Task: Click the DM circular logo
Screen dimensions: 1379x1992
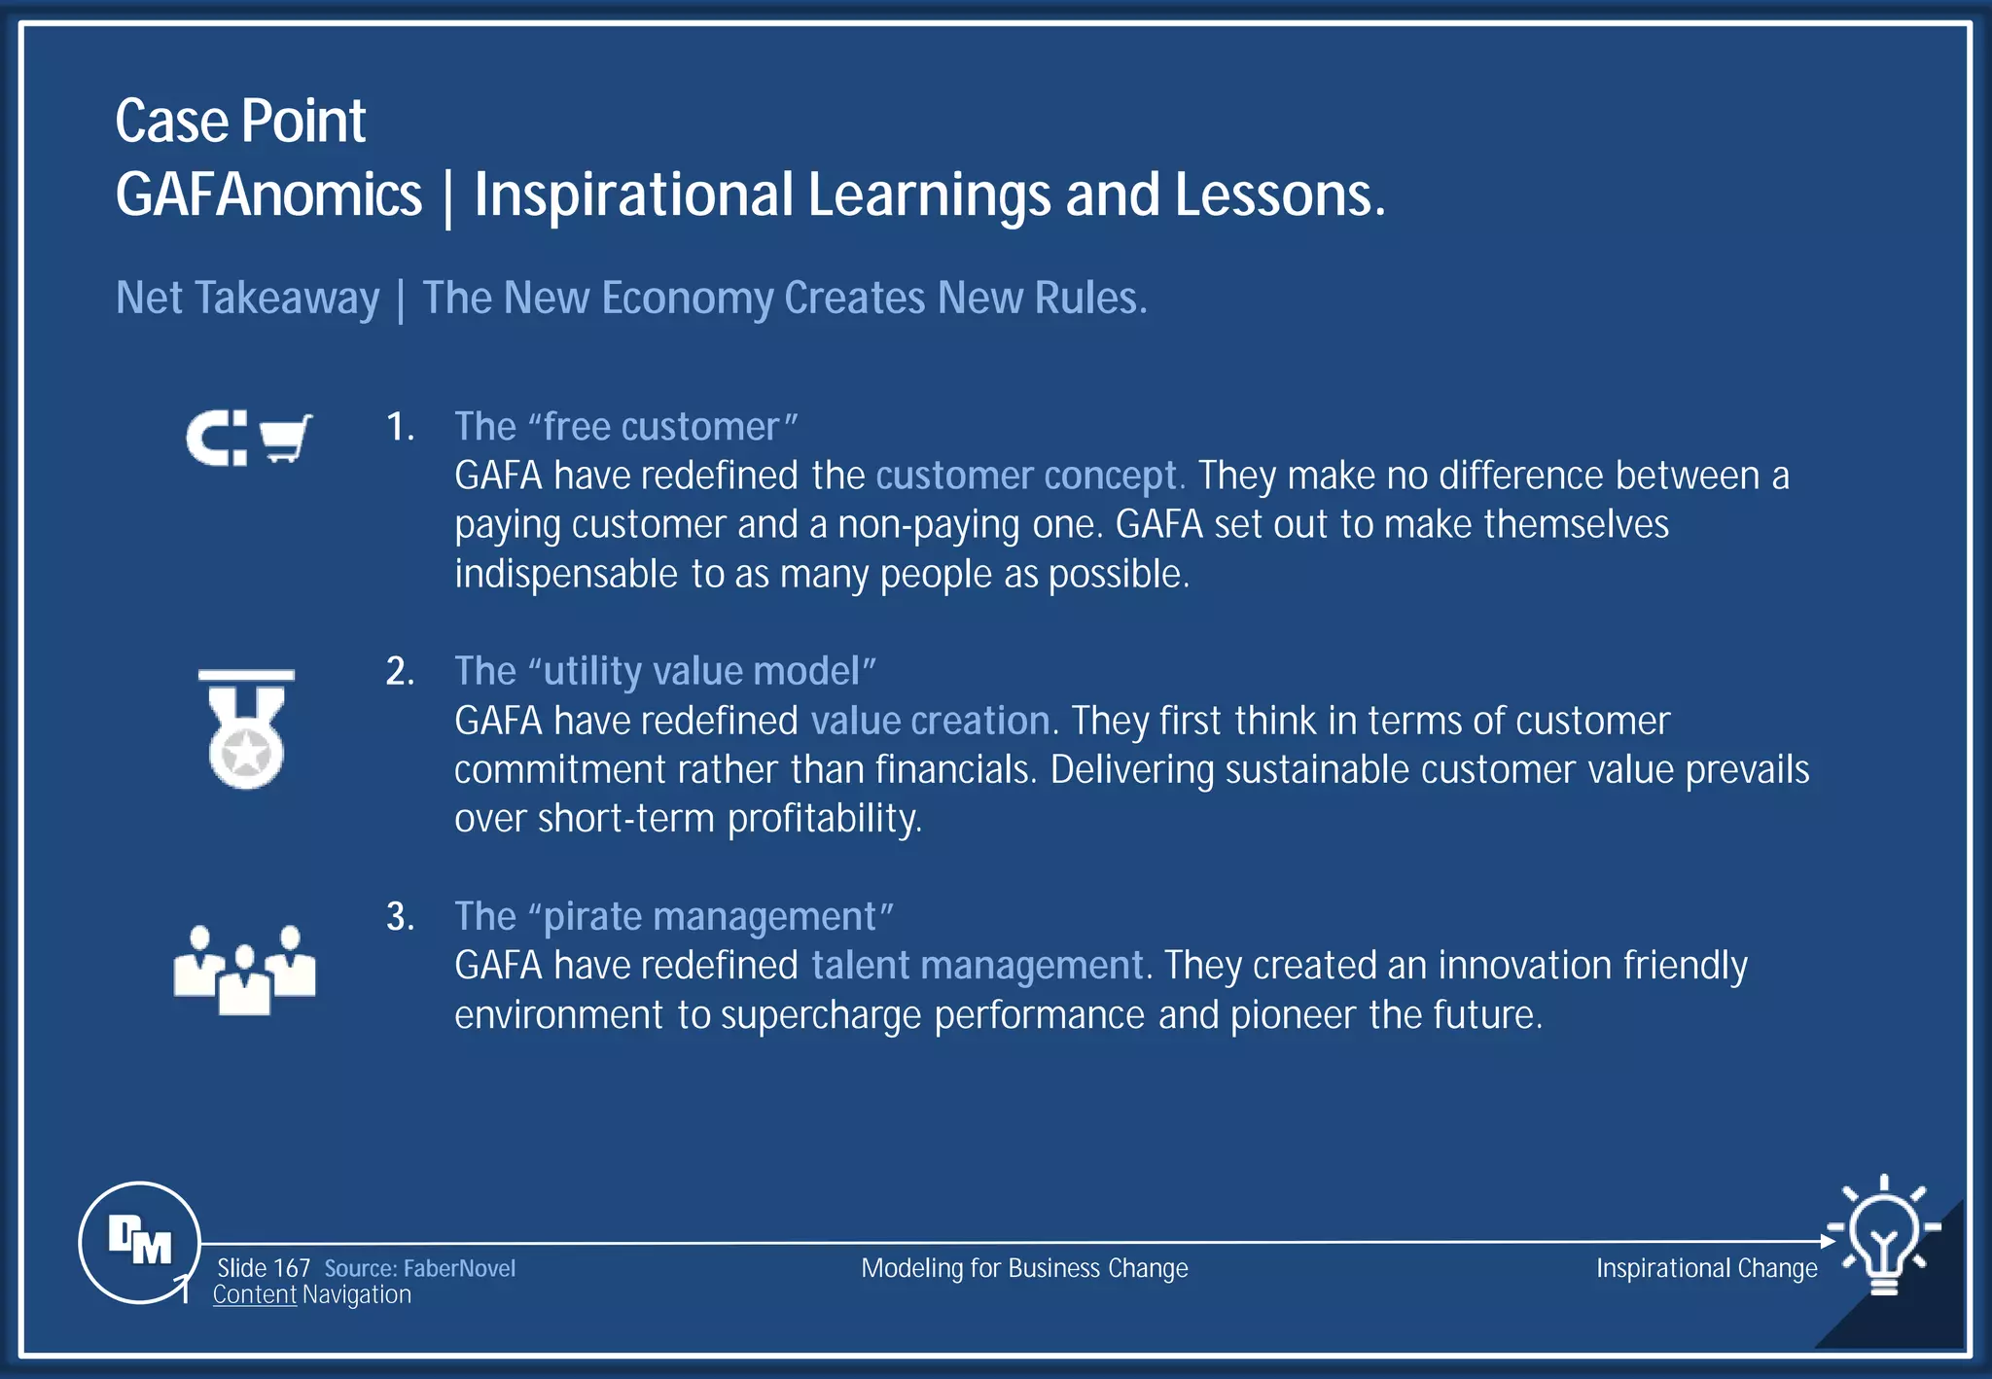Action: point(139,1242)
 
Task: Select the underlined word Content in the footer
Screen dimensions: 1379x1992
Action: point(254,1295)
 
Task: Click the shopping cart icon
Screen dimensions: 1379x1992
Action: point(285,439)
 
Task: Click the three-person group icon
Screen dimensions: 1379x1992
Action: point(244,970)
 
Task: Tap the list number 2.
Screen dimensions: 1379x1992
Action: point(400,672)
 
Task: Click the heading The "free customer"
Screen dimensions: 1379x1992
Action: point(625,427)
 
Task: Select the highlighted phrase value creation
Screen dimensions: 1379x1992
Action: point(930,721)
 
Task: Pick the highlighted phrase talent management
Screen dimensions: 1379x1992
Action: point(977,966)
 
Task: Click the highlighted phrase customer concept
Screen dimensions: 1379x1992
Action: point(1028,476)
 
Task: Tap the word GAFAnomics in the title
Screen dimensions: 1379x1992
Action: point(268,194)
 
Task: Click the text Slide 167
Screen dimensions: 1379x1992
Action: point(263,1268)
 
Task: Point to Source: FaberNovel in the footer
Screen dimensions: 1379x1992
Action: point(419,1268)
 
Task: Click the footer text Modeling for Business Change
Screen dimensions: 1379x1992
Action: point(1024,1268)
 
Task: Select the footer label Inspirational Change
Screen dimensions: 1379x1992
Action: point(1706,1268)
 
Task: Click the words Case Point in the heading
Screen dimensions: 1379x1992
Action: point(240,122)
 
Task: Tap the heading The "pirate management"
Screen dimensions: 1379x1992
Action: point(673,917)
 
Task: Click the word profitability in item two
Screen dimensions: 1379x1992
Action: point(824,819)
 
